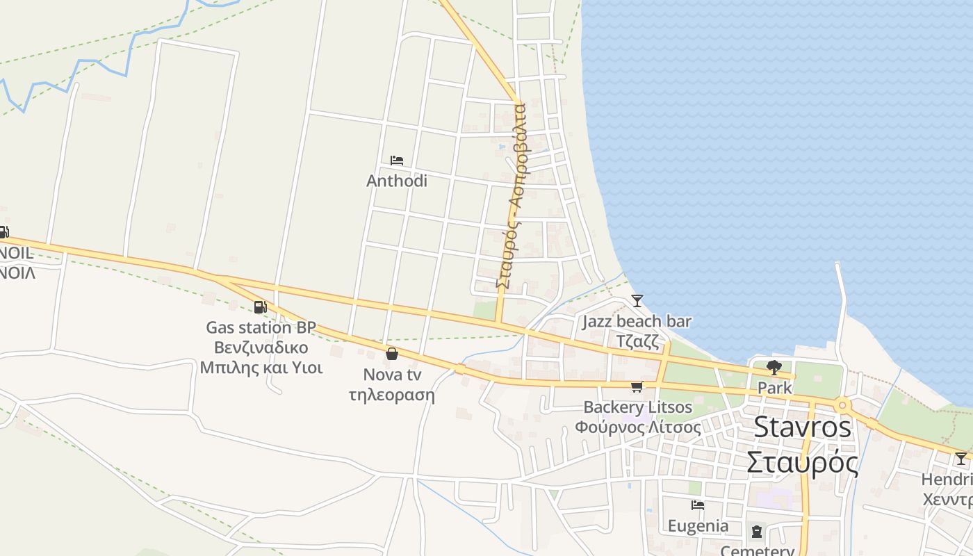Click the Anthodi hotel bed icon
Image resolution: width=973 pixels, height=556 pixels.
(x=397, y=161)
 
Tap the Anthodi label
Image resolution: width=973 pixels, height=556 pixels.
(x=397, y=181)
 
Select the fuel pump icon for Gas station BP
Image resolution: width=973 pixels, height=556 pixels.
(x=260, y=307)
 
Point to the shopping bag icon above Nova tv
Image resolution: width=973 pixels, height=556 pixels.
(x=392, y=354)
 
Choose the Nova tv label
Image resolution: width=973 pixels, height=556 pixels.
(x=392, y=375)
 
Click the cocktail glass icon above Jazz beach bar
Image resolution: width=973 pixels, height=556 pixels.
(x=637, y=301)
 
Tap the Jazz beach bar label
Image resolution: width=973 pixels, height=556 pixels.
(x=637, y=321)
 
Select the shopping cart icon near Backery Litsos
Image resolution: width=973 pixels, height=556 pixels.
(x=637, y=386)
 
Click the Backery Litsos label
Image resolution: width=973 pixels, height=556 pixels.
(x=638, y=407)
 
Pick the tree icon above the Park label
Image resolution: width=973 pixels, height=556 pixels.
(x=774, y=368)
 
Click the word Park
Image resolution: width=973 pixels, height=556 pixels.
(x=775, y=388)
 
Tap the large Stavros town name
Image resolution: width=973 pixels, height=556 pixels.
(x=802, y=427)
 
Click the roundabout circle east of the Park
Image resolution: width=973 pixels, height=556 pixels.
(x=842, y=405)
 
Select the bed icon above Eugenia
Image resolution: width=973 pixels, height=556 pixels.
(x=698, y=505)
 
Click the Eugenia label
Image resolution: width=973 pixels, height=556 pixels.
(x=698, y=525)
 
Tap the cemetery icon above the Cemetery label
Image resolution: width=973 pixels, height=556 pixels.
(x=757, y=532)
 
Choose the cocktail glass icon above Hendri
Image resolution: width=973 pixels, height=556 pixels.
(x=960, y=459)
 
